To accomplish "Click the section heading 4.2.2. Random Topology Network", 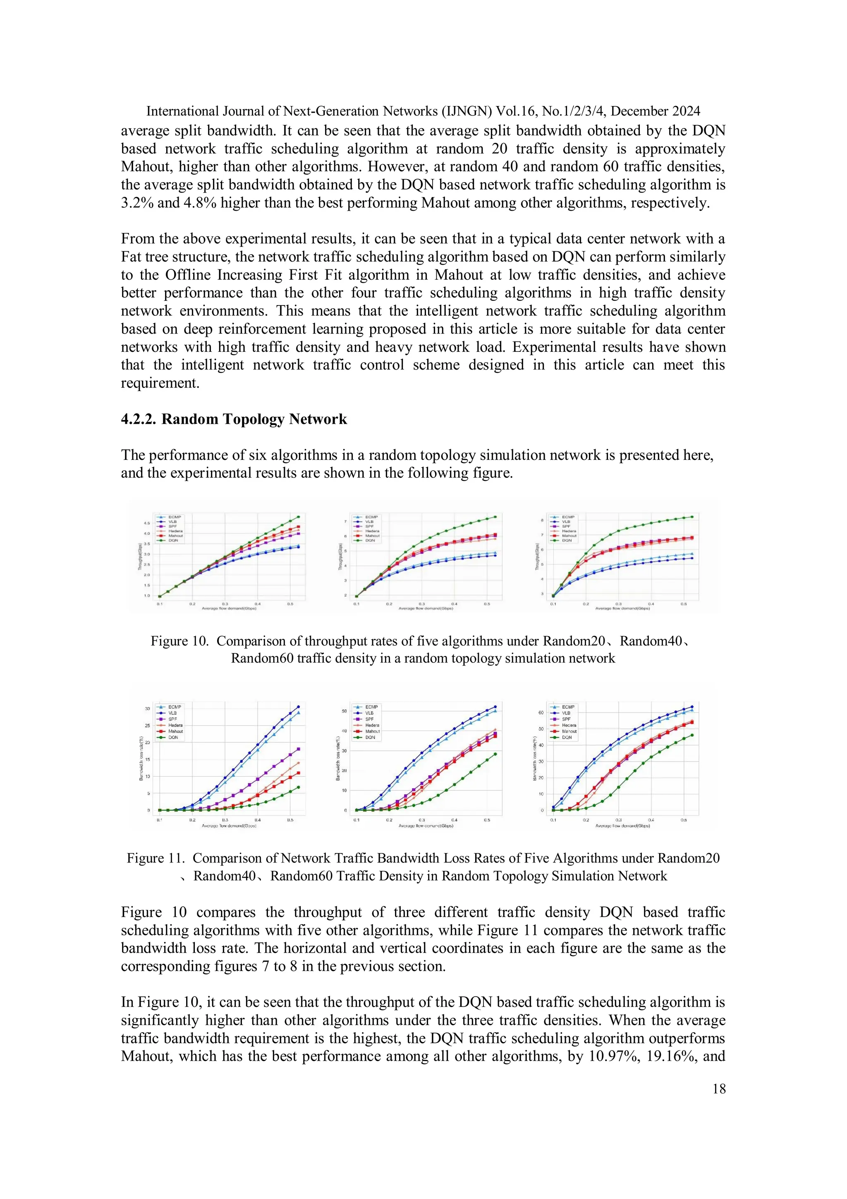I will (234, 419).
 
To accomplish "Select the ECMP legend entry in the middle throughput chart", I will (371, 517).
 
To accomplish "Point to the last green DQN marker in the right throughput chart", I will (692, 517).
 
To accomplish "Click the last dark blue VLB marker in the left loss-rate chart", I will (298, 706).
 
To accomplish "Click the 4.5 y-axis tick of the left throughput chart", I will (147, 523).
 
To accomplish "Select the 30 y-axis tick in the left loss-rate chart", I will (148, 709).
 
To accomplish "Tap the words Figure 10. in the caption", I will (179, 641).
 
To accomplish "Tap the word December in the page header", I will (640, 111).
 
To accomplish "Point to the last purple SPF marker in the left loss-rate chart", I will (298, 749).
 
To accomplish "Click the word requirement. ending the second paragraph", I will (160, 383).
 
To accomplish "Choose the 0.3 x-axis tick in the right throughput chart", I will (618, 604).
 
